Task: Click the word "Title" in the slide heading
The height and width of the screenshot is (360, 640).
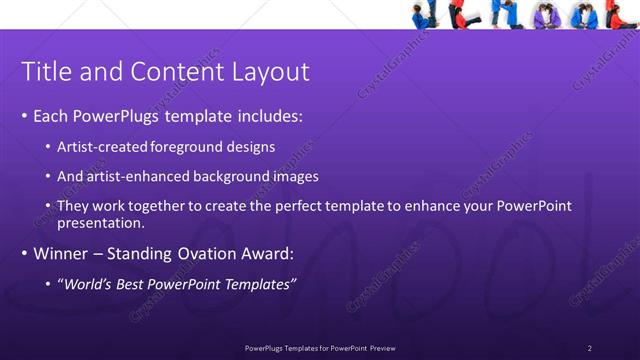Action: [44, 72]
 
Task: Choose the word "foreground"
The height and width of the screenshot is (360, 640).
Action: [185, 147]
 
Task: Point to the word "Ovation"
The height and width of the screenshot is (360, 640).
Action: [206, 254]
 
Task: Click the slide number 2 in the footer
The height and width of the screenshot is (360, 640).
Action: [590, 347]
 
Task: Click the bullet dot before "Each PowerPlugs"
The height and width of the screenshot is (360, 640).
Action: [24, 117]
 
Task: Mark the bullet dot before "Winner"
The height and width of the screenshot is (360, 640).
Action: [24, 254]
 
